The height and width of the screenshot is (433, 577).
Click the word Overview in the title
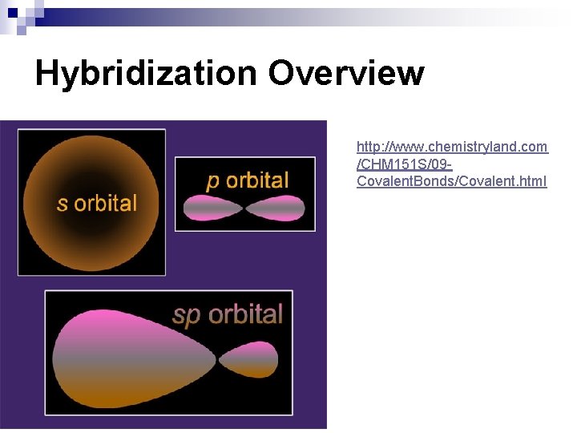345,74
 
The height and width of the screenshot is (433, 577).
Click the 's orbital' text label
97,203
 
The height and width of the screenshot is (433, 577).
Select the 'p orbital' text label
247,180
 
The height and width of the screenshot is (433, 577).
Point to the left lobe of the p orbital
212,208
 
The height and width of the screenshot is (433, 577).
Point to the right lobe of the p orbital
276,208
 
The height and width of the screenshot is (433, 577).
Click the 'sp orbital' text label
228,314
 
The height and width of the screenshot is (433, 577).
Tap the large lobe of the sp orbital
120,357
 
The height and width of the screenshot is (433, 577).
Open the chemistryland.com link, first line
452,147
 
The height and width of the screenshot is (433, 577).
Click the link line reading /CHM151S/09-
405,164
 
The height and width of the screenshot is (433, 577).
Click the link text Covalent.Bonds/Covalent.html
452,181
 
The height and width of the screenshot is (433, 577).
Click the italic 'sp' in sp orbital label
186,315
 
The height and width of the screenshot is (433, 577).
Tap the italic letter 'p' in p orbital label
213,182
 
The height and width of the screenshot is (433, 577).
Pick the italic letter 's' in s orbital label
62,204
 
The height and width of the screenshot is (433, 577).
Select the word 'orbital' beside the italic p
256,180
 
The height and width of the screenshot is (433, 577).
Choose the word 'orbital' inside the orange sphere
105,203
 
